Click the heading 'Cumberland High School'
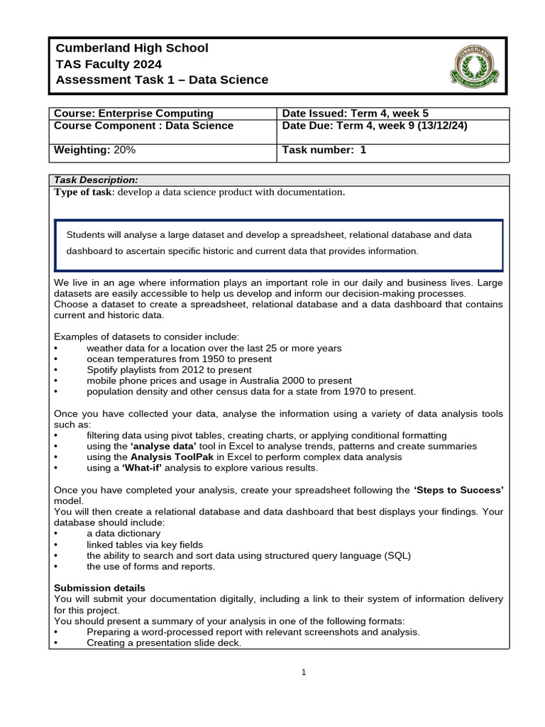click(x=132, y=48)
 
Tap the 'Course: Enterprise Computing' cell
click(x=134, y=114)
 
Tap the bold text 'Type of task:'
click(x=84, y=192)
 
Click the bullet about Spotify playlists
click(x=169, y=370)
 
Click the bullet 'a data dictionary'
click(x=123, y=533)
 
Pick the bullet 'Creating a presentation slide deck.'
click(x=164, y=643)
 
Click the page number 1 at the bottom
click(x=304, y=673)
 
